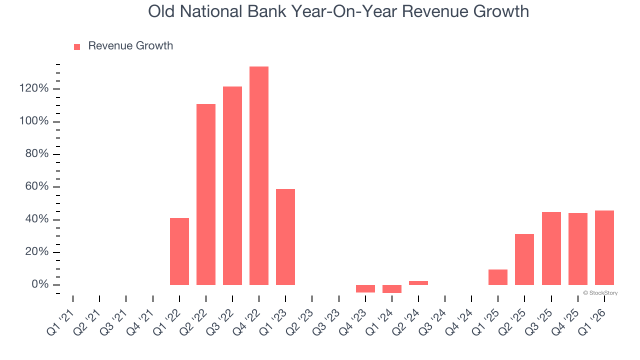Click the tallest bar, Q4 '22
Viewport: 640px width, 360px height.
[259, 175]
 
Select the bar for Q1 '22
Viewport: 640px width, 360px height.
[179, 251]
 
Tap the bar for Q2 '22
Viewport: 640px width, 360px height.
[206, 194]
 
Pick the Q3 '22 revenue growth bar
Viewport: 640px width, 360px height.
[232, 185]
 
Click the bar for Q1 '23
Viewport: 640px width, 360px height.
[285, 237]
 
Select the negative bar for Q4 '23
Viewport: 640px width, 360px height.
[365, 288]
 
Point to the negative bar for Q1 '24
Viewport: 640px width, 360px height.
[391, 289]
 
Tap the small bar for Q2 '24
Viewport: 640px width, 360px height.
[418, 283]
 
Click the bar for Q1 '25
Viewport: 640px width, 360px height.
[497, 277]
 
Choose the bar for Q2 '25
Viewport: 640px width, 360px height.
[524, 259]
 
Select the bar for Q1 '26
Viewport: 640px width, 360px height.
[604, 247]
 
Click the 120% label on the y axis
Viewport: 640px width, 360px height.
[34, 89]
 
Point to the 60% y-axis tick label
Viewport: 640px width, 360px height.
[37, 187]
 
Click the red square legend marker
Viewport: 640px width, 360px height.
[77, 46]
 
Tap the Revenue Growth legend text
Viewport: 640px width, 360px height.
[130, 46]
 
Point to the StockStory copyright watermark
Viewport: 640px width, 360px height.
[600, 293]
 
